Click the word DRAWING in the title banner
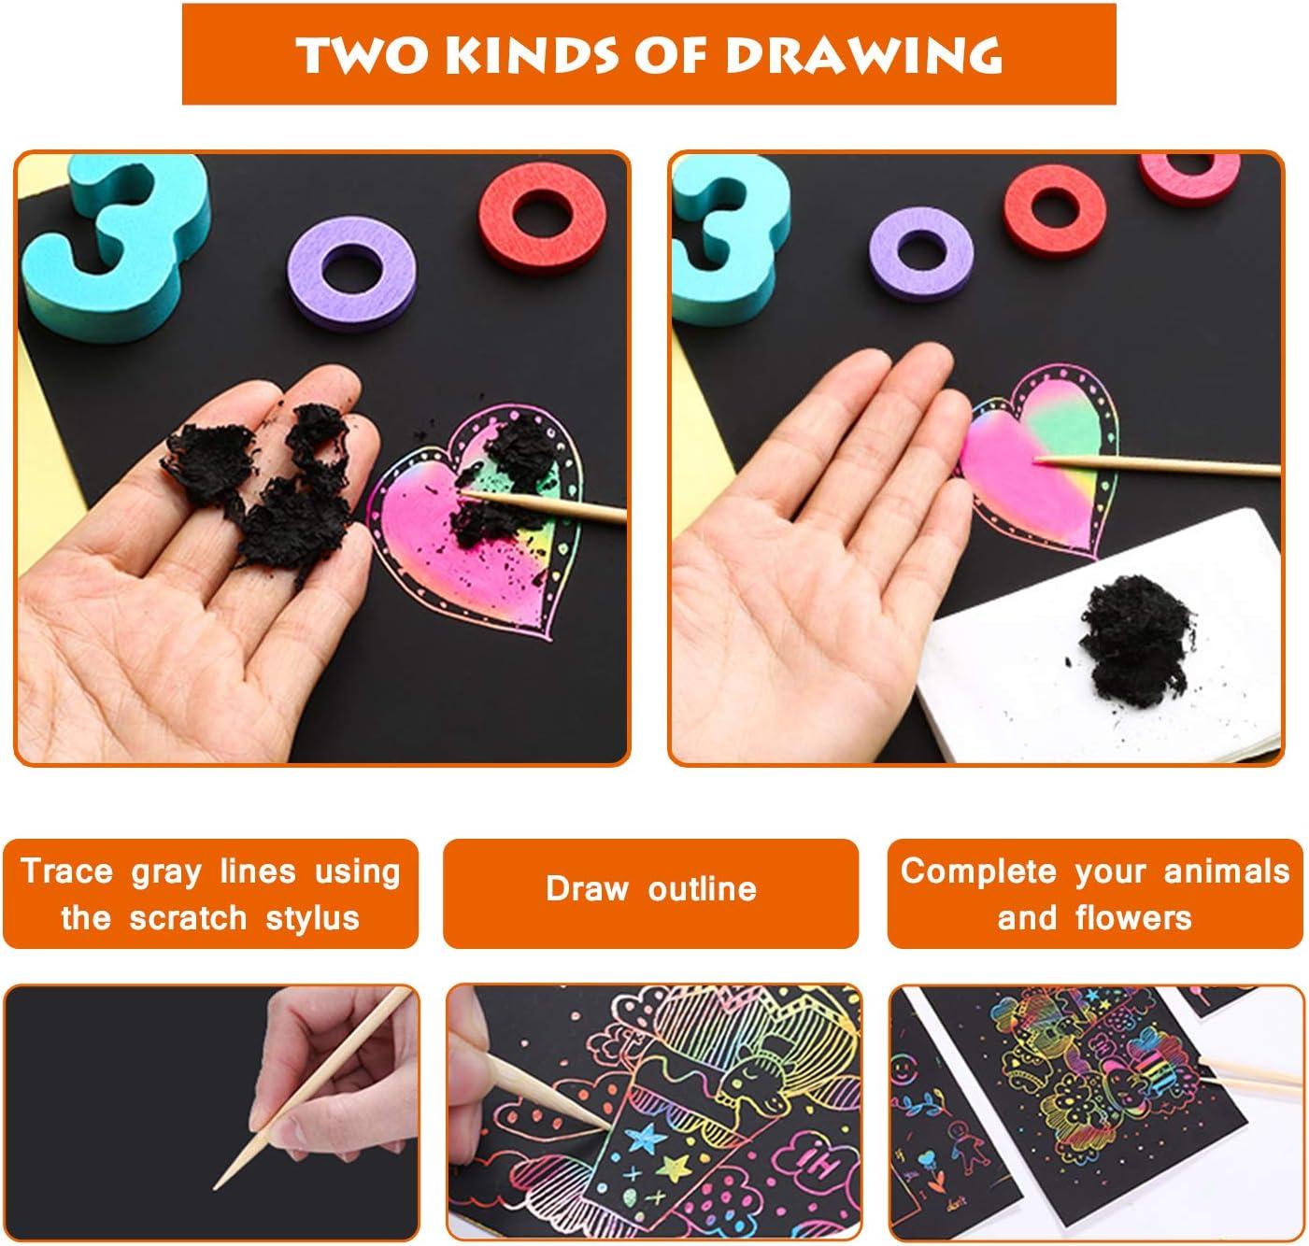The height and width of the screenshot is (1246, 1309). (863, 56)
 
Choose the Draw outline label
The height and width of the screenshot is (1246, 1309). (650, 889)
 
